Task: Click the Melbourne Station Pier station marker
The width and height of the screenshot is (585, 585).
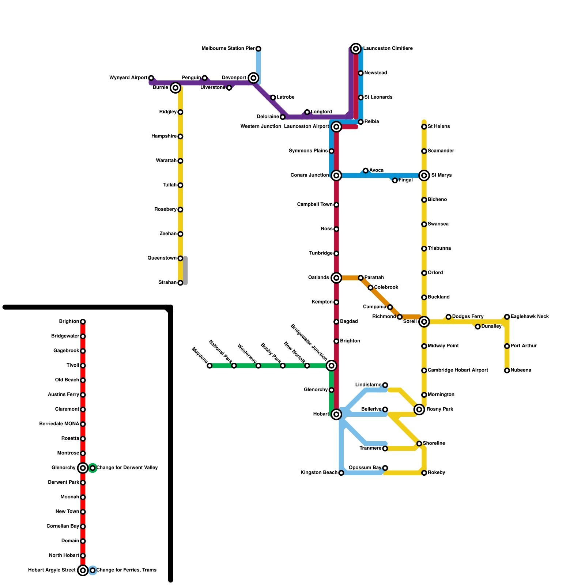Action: point(258,49)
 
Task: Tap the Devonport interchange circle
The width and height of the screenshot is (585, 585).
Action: point(253,78)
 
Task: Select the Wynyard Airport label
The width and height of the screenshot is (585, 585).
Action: point(128,78)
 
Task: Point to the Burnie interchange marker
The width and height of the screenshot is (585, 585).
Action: point(175,88)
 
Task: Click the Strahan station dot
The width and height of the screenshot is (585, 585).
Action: point(180,283)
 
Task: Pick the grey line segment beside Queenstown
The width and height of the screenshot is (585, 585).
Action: point(185,271)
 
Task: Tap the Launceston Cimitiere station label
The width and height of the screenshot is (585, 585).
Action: point(388,49)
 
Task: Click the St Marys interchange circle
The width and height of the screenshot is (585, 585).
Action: point(424,175)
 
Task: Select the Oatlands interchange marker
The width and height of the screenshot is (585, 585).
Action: point(336,278)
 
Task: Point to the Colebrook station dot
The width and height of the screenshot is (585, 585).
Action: point(370,288)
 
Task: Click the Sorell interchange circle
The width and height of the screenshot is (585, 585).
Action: point(424,322)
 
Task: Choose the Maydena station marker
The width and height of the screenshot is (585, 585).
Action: point(210,366)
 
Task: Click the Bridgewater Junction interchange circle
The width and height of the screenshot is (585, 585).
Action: point(331,366)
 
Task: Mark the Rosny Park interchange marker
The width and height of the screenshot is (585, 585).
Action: point(419,409)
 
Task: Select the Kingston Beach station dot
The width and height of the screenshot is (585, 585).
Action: point(341,473)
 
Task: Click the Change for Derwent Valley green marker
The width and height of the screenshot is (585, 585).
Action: point(93,468)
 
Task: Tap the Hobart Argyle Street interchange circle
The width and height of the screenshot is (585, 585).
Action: point(83,570)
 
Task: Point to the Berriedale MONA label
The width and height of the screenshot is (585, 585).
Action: point(59,424)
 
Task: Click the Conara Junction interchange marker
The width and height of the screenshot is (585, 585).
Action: point(336,175)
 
